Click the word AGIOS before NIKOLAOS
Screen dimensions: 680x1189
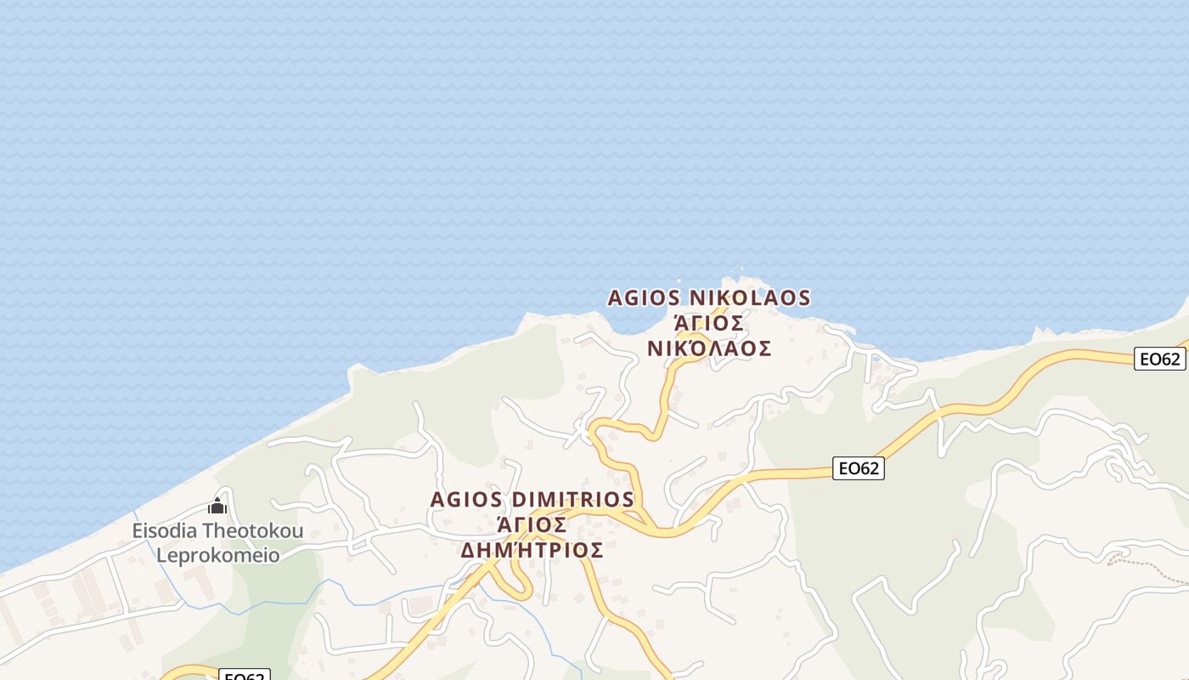pyautogui.click(x=644, y=298)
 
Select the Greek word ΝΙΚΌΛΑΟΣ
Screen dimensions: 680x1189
pyautogui.click(x=709, y=348)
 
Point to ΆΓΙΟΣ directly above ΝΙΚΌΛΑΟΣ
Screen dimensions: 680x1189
pyautogui.click(x=709, y=324)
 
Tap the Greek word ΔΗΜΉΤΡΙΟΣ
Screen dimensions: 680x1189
pyautogui.click(x=533, y=550)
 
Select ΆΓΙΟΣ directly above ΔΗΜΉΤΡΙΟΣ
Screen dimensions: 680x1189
pyautogui.click(x=533, y=524)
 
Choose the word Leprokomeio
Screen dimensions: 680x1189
pyautogui.click(x=217, y=556)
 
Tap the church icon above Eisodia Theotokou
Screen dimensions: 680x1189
pyautogui.click(x=217, y=507)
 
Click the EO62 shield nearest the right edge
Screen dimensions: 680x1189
pyautogui.click(x=1159, y=359)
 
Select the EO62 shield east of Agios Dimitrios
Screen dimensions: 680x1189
pyautogui.click(x=858, y=467)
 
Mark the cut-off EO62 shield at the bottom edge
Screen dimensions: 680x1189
pyautogui.click(x=245, y=676)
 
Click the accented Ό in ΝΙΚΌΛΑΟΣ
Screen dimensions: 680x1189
pyautogui.click(x=693, y=348)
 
